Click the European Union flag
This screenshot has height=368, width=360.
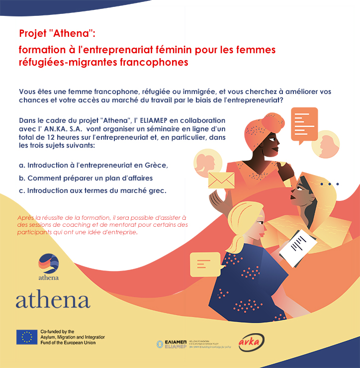[x=26, y=337]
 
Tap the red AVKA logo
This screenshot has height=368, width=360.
[x=251, y=342]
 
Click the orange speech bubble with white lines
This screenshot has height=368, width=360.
[x=304, y=122]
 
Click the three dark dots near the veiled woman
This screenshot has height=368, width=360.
[x=329, y=184]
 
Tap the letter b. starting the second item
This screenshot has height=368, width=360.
[x=22, y=178]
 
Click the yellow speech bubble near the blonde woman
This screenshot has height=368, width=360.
[x=205, y=264]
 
